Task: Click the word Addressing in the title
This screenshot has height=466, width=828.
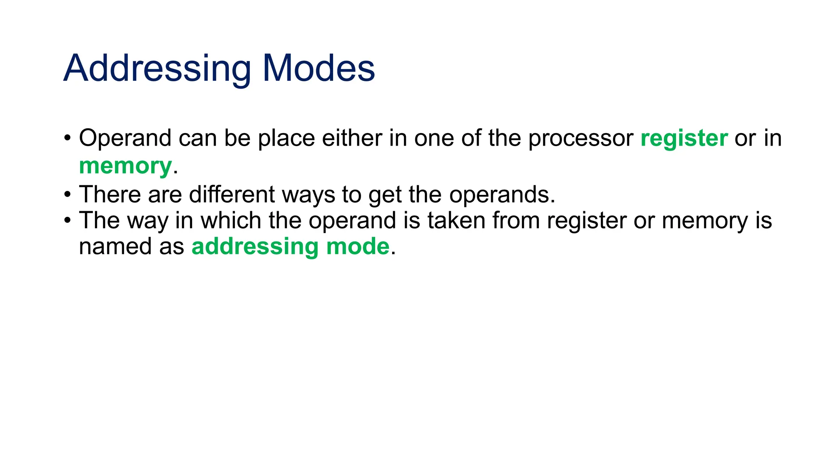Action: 157,69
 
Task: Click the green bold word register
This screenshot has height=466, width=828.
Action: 684,139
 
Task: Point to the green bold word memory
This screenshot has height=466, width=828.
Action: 125,166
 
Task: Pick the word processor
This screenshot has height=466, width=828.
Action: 581,139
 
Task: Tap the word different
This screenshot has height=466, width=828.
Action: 232,195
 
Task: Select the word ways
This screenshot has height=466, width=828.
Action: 308,195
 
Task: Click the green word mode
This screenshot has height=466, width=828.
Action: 357,246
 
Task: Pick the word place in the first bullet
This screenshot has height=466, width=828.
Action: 286,139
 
